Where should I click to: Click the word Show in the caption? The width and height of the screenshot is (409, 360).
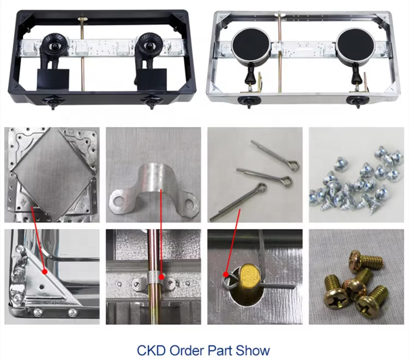click(252, 350)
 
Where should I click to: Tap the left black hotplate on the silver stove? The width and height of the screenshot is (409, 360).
click(250, 46)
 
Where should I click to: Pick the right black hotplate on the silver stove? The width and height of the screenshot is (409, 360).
click(356, 46)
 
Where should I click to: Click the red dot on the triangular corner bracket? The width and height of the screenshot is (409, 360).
click(45, 272)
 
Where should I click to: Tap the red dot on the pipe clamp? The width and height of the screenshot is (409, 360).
click(162, 277)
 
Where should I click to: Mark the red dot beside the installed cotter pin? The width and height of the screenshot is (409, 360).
click(225, 274)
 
